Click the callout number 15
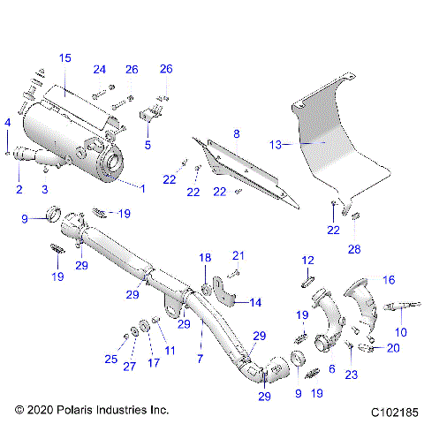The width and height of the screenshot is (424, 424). click(64, 57)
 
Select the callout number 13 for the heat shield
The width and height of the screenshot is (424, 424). click(276, 143)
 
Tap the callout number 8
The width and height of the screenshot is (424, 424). click(236, 133)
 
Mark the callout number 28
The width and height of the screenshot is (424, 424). click(354, 250)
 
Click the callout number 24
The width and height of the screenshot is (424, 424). click(99, 69)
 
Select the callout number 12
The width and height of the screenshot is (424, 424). click(307, 260)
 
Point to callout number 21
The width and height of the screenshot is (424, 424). click(237, 255)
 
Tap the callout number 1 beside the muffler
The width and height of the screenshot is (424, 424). click(141, 186)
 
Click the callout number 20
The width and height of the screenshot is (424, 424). click(393, 347)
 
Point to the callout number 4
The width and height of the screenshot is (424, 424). click(8, 121)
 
